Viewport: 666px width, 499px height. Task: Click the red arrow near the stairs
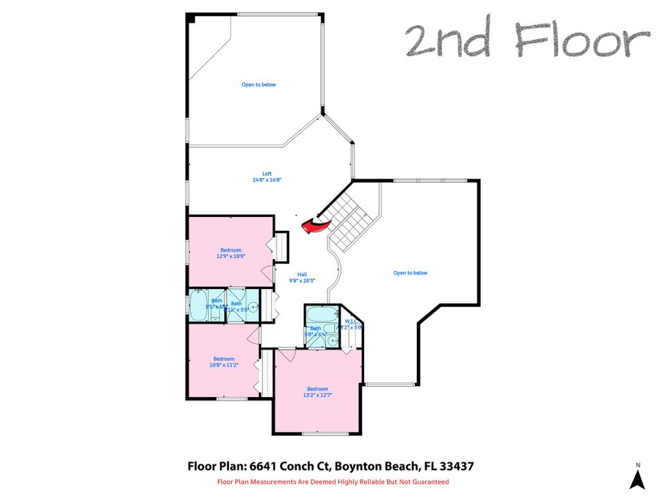pos(315,224)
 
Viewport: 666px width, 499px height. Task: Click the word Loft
pos(266,173)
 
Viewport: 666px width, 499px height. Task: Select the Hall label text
pos(302,274)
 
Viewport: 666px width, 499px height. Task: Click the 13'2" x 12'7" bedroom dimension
pos(318,396)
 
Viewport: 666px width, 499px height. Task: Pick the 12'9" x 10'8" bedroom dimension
pos(231,256)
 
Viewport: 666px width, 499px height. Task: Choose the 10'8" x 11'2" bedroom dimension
pos(224,365)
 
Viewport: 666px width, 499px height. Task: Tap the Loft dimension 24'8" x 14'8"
pos(266,180)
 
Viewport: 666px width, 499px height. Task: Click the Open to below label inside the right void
pos(410,272)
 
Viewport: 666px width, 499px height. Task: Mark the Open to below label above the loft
pos(259,85)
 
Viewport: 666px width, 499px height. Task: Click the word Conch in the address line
pos(289,466)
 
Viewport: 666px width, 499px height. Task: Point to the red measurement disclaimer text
pos(333,482)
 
